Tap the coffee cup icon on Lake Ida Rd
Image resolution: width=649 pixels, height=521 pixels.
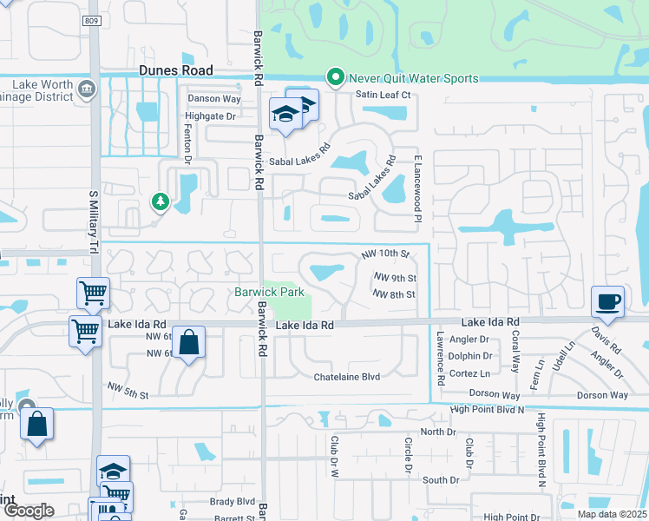click(x=607, y=303)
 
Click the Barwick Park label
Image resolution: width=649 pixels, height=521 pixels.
click(x=268, y=293)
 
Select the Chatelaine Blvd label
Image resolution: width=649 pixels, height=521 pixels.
click(x=347, y=377)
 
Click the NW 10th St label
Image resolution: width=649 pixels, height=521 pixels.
click(x=385, y=254)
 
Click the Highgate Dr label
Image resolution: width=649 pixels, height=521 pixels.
click(x=210, y=115)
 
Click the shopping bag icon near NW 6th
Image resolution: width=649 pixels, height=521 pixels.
click(x=188, y=343)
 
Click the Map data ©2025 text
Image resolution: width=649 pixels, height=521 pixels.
click(x=612, y=514)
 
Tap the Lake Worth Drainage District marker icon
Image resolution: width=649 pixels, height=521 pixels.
click(x=86, y=89)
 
